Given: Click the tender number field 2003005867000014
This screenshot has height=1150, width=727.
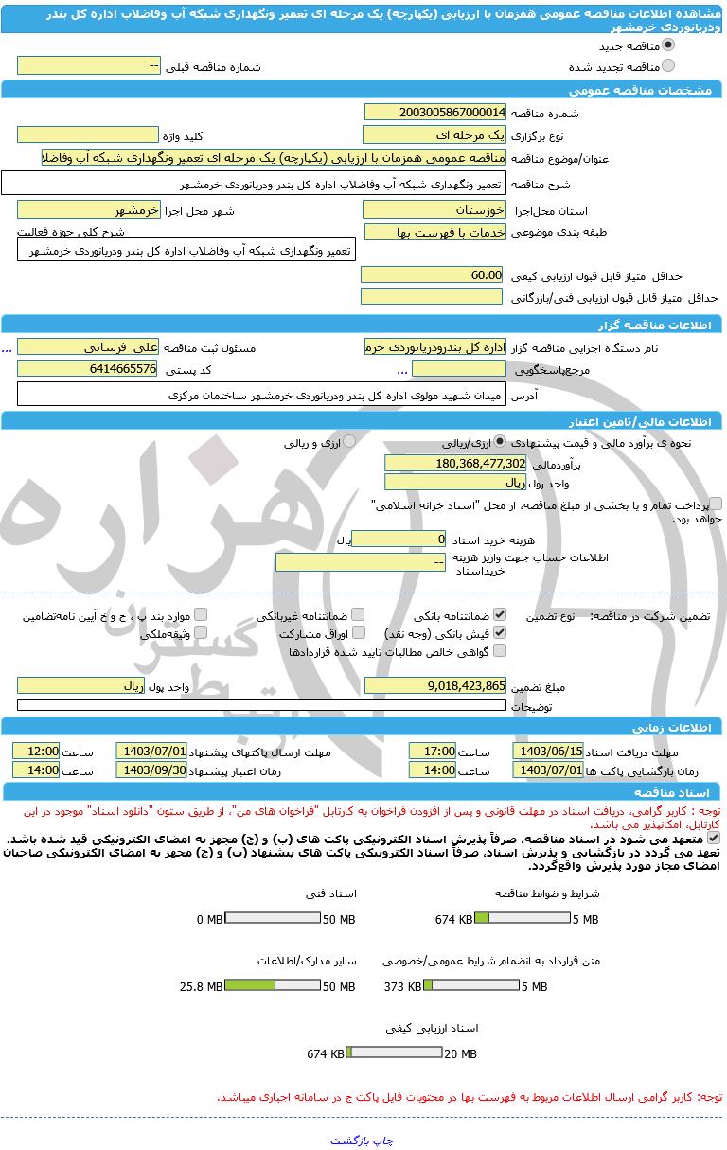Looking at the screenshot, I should (x=434, y=112).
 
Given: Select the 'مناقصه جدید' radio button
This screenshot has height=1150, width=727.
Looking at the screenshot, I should (x=668, y=45).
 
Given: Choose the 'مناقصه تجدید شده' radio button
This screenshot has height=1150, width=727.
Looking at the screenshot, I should (x=668, y=66).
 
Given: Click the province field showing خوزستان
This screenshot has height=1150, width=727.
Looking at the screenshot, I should (x=434, y=208).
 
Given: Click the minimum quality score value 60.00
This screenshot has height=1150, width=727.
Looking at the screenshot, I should (x=433, y=274).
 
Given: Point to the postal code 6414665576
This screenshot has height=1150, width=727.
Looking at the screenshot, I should (x=87, y=368).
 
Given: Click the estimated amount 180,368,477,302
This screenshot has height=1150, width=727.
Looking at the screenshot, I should (x=454, y=463).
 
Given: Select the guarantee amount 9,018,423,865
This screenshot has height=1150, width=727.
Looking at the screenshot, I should (x=434, y=685).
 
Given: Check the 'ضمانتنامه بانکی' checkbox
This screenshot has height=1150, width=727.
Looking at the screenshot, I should (x=500, y=614).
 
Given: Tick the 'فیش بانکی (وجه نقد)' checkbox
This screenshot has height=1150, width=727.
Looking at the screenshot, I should (x=500, y=632).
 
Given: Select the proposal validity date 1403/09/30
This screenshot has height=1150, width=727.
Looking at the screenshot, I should (x=151, y=770).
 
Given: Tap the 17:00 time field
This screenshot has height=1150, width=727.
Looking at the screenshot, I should (x=433, y=751).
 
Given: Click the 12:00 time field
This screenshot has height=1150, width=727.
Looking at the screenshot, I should (x=36, y=751).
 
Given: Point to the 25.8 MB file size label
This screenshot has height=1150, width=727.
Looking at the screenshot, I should (x=201, y=986).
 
